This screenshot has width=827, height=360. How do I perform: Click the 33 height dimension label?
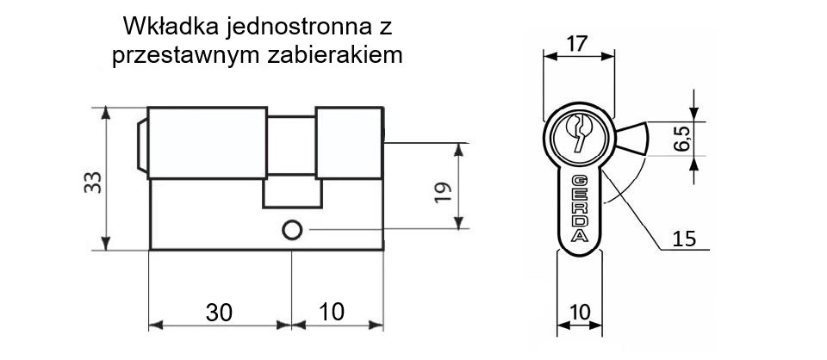[93, 183]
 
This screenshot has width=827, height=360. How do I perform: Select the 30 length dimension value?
[219, 313]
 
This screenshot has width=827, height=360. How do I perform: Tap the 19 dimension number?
[443, 192]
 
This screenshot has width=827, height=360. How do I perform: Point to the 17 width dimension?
[578, 44]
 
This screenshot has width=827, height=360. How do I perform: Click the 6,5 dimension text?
[682, 139]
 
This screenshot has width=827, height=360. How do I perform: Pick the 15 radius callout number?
[684, 239]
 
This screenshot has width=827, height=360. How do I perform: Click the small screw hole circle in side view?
[292, 230]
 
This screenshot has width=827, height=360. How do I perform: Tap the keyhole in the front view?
[578, 131]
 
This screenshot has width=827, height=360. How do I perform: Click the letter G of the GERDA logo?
[580, 180]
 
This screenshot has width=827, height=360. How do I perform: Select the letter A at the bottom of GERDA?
[580, 236]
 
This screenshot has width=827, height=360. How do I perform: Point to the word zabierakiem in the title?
[335, 55]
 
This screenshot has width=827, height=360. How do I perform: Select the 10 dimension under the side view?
[332, 312]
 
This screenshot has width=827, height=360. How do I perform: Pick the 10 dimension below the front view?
[580, 313]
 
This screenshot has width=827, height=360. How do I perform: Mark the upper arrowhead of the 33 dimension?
[106, 114]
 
